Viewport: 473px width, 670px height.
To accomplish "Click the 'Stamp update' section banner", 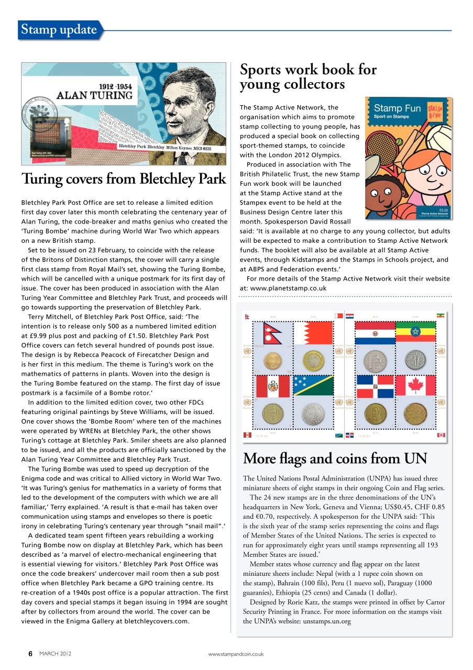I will click(59, 30).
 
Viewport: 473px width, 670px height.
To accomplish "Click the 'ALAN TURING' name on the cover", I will click(94, 95).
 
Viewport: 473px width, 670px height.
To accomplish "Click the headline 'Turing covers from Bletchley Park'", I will click(124, 179).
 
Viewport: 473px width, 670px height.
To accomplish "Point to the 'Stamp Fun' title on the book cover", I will click(397, 109).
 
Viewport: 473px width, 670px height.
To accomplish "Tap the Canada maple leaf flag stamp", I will click(415, 386).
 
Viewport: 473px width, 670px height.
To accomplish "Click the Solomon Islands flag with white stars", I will click(313, 386).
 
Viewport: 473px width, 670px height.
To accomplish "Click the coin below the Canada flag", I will click(415, 414).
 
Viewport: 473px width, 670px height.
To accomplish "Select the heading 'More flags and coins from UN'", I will click(335, 459).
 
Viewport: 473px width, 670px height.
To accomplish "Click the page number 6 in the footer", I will click(30, 654).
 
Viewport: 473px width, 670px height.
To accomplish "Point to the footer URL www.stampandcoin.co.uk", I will click(236, 654).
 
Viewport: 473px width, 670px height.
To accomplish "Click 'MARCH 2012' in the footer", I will click(56, 654).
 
